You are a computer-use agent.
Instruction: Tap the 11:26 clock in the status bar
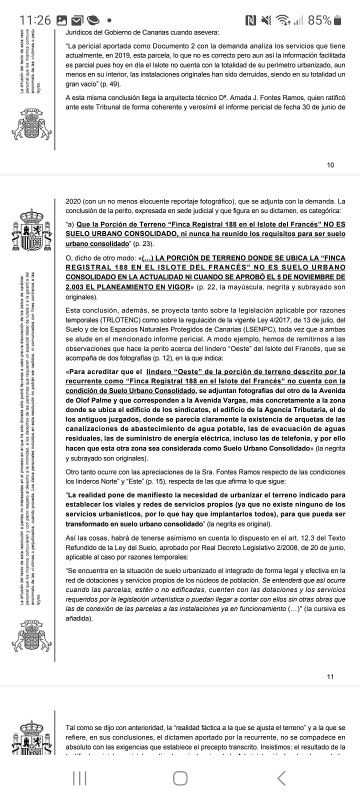click(35, 20)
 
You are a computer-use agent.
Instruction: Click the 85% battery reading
click(319, 20)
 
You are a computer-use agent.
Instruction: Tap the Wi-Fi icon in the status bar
click(284, 20)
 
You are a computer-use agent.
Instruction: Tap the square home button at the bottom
click(180, 778)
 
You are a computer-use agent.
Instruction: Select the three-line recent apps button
click(79, 778)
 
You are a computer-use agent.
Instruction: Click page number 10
click(330, 165)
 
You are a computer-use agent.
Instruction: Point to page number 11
click(330, 676)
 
